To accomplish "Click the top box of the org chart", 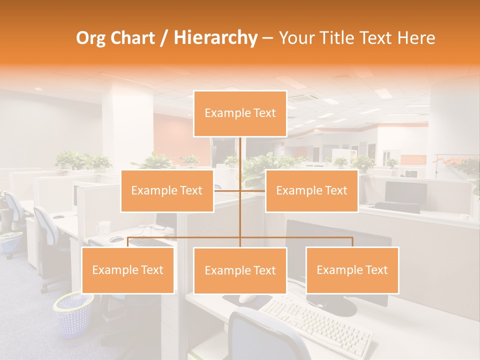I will (x=240, y=113).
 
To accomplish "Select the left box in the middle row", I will (x=167, y=190).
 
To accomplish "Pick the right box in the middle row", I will (x=311, y=190).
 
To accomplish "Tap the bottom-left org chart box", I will (x=128, y=270).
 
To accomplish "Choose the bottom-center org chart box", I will (x=240, y=270).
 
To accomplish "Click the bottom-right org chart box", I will (x=352, y=270).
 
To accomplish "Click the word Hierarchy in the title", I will (x=215, y=38).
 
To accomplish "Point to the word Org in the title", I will (x=91, y=38).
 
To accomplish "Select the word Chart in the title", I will (x=133, y=38).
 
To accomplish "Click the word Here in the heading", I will (x=416, y=38).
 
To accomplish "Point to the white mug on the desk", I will (x=103, y=228).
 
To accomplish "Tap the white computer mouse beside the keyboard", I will (x=247, y=298).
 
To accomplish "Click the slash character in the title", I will (x=164, y=38).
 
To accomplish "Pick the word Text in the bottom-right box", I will (x=375, y=270).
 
